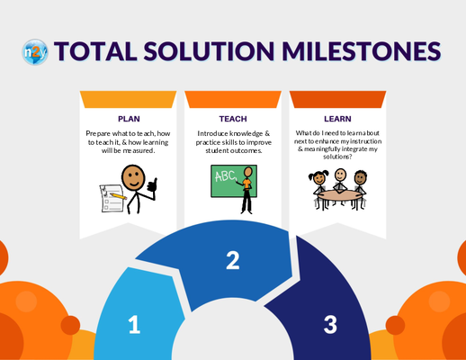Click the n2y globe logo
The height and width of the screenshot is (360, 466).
click(35, 52)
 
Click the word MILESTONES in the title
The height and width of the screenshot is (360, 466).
click(361, 51)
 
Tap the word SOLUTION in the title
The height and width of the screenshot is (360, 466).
click(209, 51)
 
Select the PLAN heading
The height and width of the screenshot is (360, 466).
click(129, 119)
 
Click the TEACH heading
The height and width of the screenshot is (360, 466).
click(233, 119)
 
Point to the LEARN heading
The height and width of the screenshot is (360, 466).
click(337, 119)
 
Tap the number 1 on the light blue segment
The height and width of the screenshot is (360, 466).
click(134, 324)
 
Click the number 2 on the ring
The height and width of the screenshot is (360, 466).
click(233, 260)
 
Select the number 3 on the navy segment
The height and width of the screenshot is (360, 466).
click(330, 324)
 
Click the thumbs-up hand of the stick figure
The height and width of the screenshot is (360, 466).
click(153, 185)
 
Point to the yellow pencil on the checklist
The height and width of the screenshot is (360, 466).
click(118, 196)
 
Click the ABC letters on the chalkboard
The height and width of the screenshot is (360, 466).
click(225, 176)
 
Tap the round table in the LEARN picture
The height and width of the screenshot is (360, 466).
click(340, 195)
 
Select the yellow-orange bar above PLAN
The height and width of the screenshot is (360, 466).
click(128, 99)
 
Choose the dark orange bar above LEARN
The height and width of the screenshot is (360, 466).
click(337, 99)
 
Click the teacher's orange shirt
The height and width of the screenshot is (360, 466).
click(246, 184)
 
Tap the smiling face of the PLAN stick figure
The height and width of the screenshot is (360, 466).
click(133, 177)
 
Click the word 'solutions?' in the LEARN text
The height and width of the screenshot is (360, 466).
click(337, 157)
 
